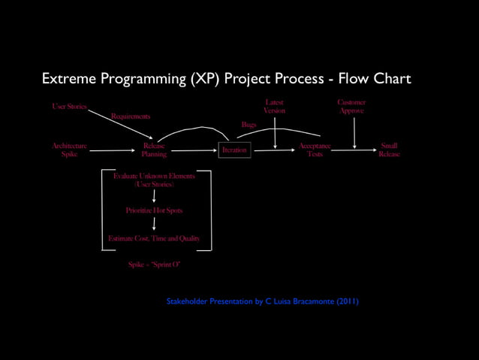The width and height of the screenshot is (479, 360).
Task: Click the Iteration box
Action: (x=233, y=150)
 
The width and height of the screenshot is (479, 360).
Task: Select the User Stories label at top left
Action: (x=69, y=107)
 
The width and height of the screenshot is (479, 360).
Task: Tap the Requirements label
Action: (x=131, y=116)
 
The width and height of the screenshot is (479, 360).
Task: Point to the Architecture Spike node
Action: (x=69, y=150)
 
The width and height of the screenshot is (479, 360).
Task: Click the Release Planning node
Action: (x=154, y=150)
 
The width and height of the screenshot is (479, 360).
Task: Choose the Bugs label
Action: (x=249, y=124)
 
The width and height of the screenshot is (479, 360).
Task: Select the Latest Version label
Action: (x=274, y=106)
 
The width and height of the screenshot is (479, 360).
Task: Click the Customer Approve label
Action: (x=351, y=106)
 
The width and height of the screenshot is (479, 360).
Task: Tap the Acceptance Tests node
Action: (x=315, y=150)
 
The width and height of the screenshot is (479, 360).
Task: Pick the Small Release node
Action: (x=389, y=150)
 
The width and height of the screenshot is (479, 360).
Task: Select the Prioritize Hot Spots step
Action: (x=154, y=210)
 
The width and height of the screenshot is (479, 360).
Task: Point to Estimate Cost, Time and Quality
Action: (x=154, y=238)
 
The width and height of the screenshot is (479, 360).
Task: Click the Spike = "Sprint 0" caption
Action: (x=154, y=264)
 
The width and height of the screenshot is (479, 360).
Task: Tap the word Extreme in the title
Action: (x=67, y=79)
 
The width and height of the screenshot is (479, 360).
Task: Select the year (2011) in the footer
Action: (x=347, y=301)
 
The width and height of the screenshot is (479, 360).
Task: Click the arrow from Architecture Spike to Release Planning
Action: (x=113, y=150)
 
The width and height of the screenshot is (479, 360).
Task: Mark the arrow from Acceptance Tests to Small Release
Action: (x=354, y=150)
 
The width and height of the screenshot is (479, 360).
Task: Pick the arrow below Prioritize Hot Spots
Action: (x=154, y=224)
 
